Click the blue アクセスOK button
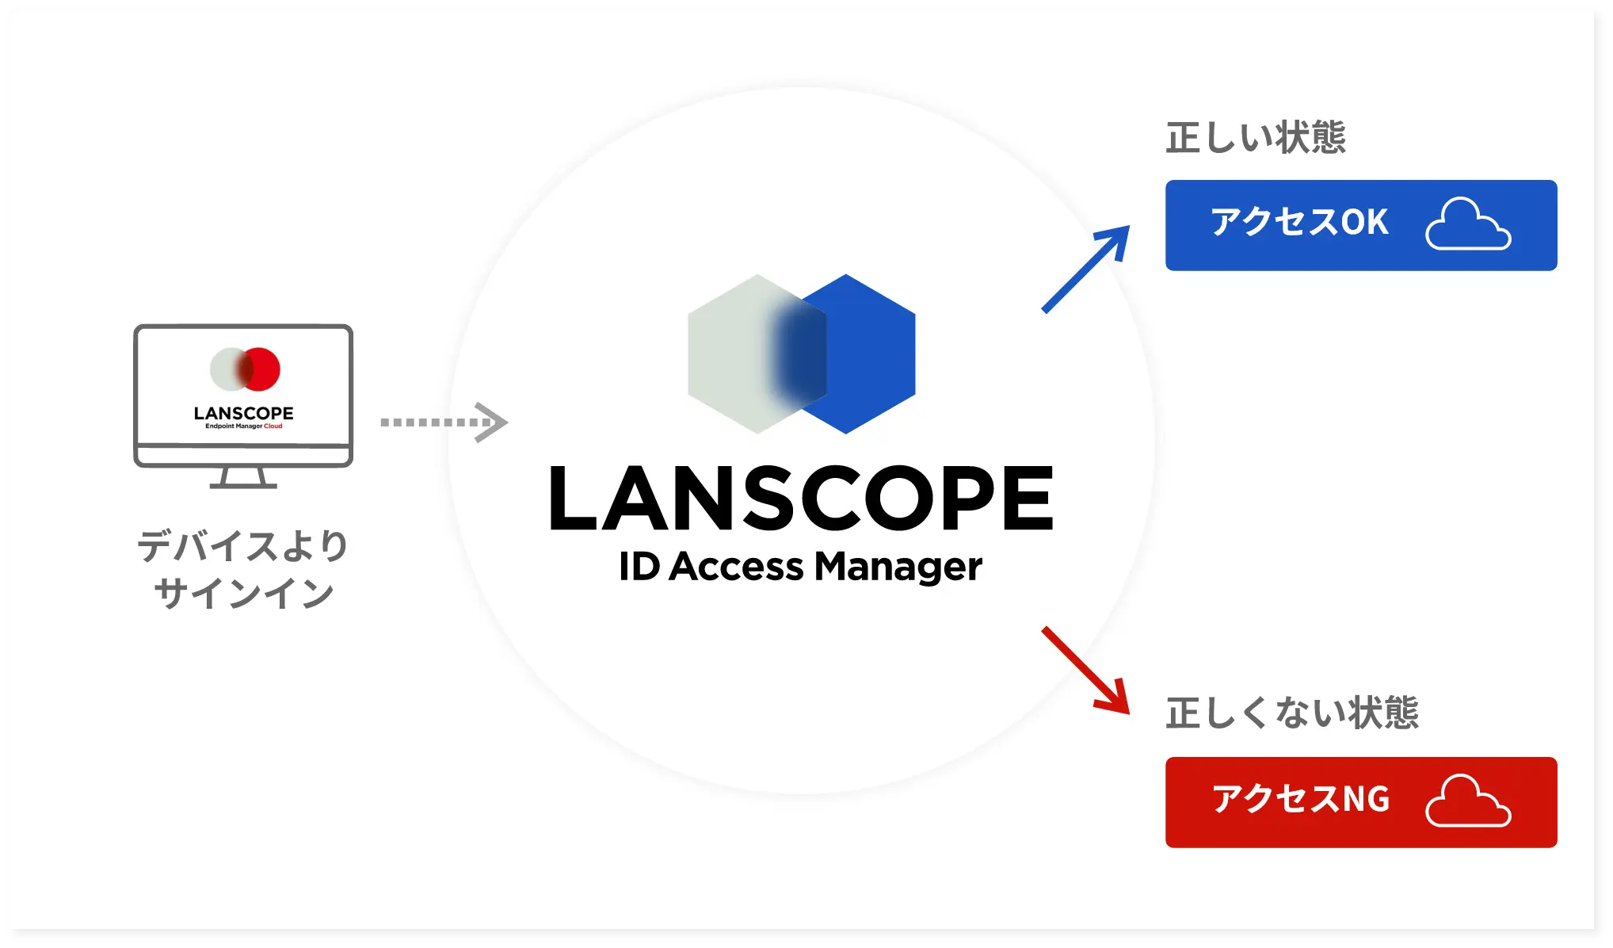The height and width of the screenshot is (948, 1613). pyautogui.click(x=1360, y=225)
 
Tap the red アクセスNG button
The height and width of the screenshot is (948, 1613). pyautogui.click(x=1360, y=801)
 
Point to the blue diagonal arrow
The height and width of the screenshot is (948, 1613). pyautogui.click(x=1085, y=269)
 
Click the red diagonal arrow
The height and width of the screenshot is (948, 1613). pyautogui.click(x=1085, y=671)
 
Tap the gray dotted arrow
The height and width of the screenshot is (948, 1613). pyautogui.click(x=444, y=422)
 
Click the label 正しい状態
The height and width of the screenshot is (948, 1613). pyautogui.click(x=1256, y=137)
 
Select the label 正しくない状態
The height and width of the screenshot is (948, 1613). pyautogui.click(x=1292, y=713)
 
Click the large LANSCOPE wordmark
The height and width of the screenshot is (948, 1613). pyautogui.click(x=801, y=499)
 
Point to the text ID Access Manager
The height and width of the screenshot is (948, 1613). pyautogui.click(x=800, y=567)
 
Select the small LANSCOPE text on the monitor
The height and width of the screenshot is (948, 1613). pyautogui.click(x=243, y=413)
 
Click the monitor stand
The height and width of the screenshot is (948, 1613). pyautogui.click(x=243, y=477)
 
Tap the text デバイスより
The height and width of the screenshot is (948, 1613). pyautogui.click(x=243, y=546)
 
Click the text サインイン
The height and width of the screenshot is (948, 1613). pyautogui.click(x=243, y=593)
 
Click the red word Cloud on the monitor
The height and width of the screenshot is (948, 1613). pyautogui.click(x=273, y=426)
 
